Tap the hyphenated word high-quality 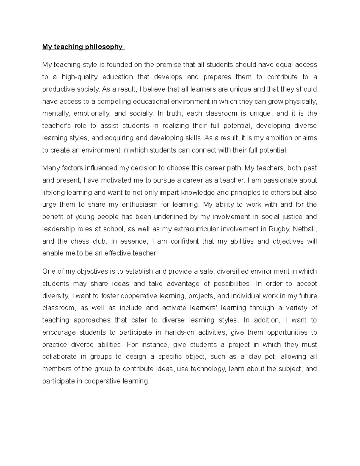80,77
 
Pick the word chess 79,241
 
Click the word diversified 232,272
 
